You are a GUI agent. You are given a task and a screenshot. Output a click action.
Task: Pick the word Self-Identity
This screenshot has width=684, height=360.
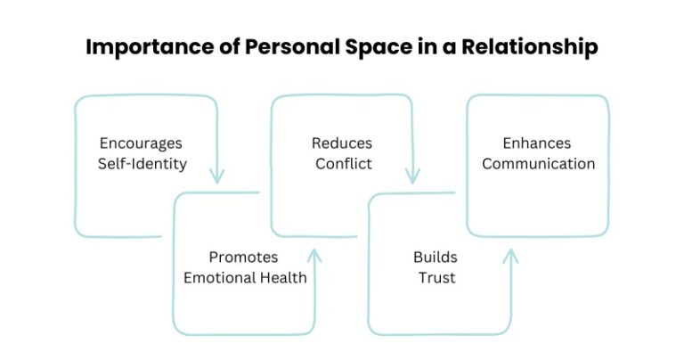pos(143,164)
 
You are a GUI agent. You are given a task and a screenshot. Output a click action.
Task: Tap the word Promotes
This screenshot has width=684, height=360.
pos(245,257)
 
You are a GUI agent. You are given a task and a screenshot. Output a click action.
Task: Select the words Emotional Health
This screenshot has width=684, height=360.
pos(245,277)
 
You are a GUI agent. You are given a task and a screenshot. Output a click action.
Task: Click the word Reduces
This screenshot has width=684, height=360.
pos(342,143)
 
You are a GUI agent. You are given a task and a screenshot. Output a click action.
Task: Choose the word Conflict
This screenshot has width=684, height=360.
pos(342,164)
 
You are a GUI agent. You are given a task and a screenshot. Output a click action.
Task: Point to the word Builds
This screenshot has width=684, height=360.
pos(436,257)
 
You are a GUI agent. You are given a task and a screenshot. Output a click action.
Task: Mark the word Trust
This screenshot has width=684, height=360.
pos(436,277)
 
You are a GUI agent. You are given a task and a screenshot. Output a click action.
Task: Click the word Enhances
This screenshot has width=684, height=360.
pos(538,143)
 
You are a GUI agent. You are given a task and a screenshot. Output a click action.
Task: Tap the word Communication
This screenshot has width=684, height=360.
pos(538,164)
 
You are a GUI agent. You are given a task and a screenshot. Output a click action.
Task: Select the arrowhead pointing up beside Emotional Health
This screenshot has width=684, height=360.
pos(314,257)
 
